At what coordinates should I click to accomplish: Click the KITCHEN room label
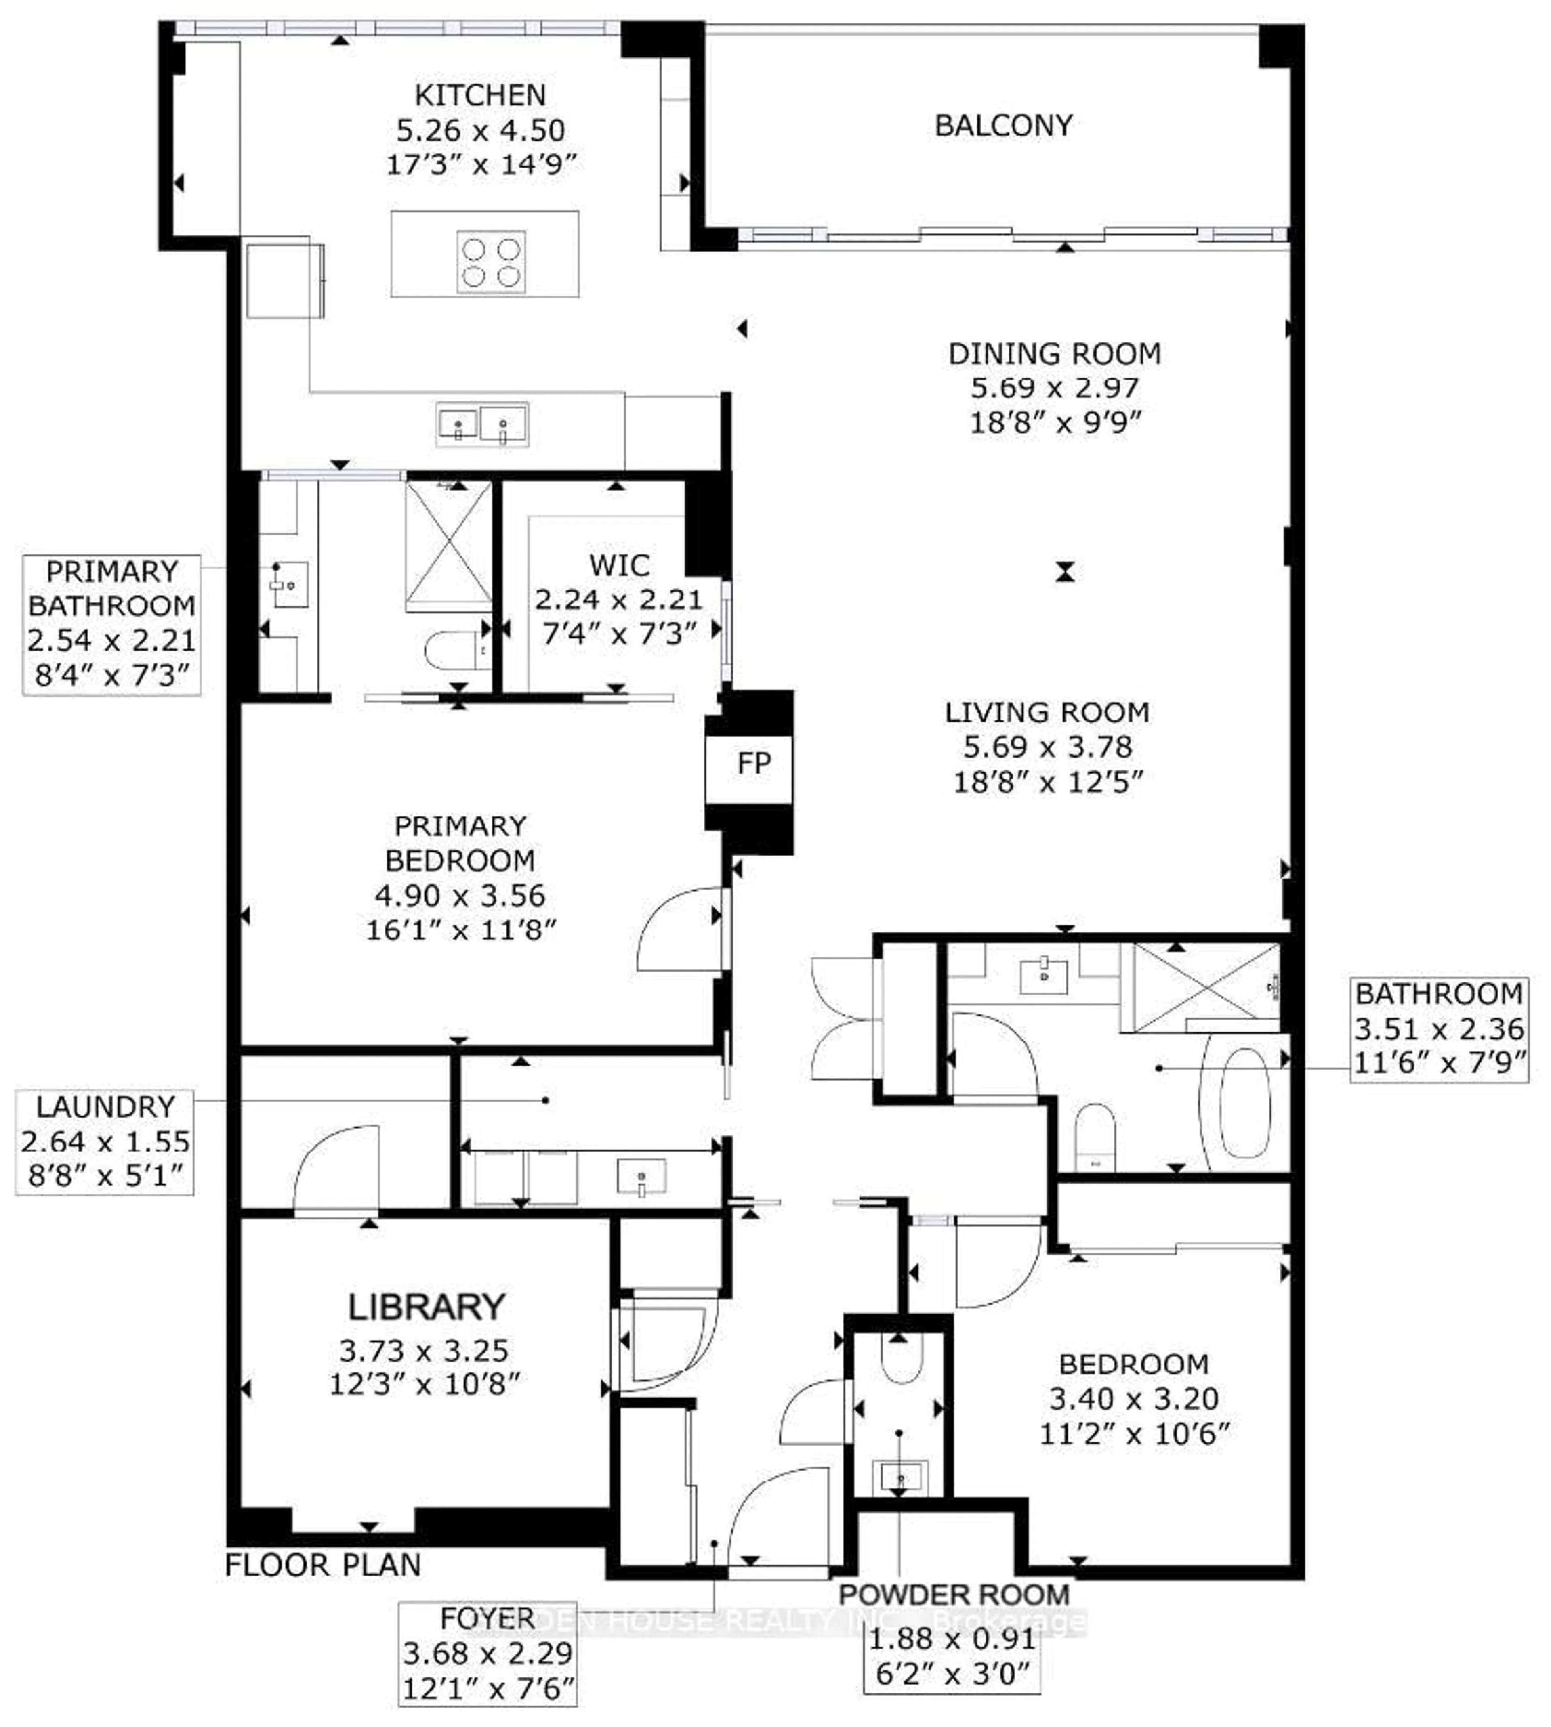(480, 94)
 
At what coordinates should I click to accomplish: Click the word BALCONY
(1003, 125)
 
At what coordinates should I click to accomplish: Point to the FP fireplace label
(753, 764)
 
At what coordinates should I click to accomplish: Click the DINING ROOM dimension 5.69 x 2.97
(1054, 388)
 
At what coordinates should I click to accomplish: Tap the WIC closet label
(619, 565)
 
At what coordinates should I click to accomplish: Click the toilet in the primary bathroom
(453, 650)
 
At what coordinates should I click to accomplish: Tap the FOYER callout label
(488, 1618)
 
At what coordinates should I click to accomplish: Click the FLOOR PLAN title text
(323, 1564)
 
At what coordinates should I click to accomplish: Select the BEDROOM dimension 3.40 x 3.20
(1133, 1398)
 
